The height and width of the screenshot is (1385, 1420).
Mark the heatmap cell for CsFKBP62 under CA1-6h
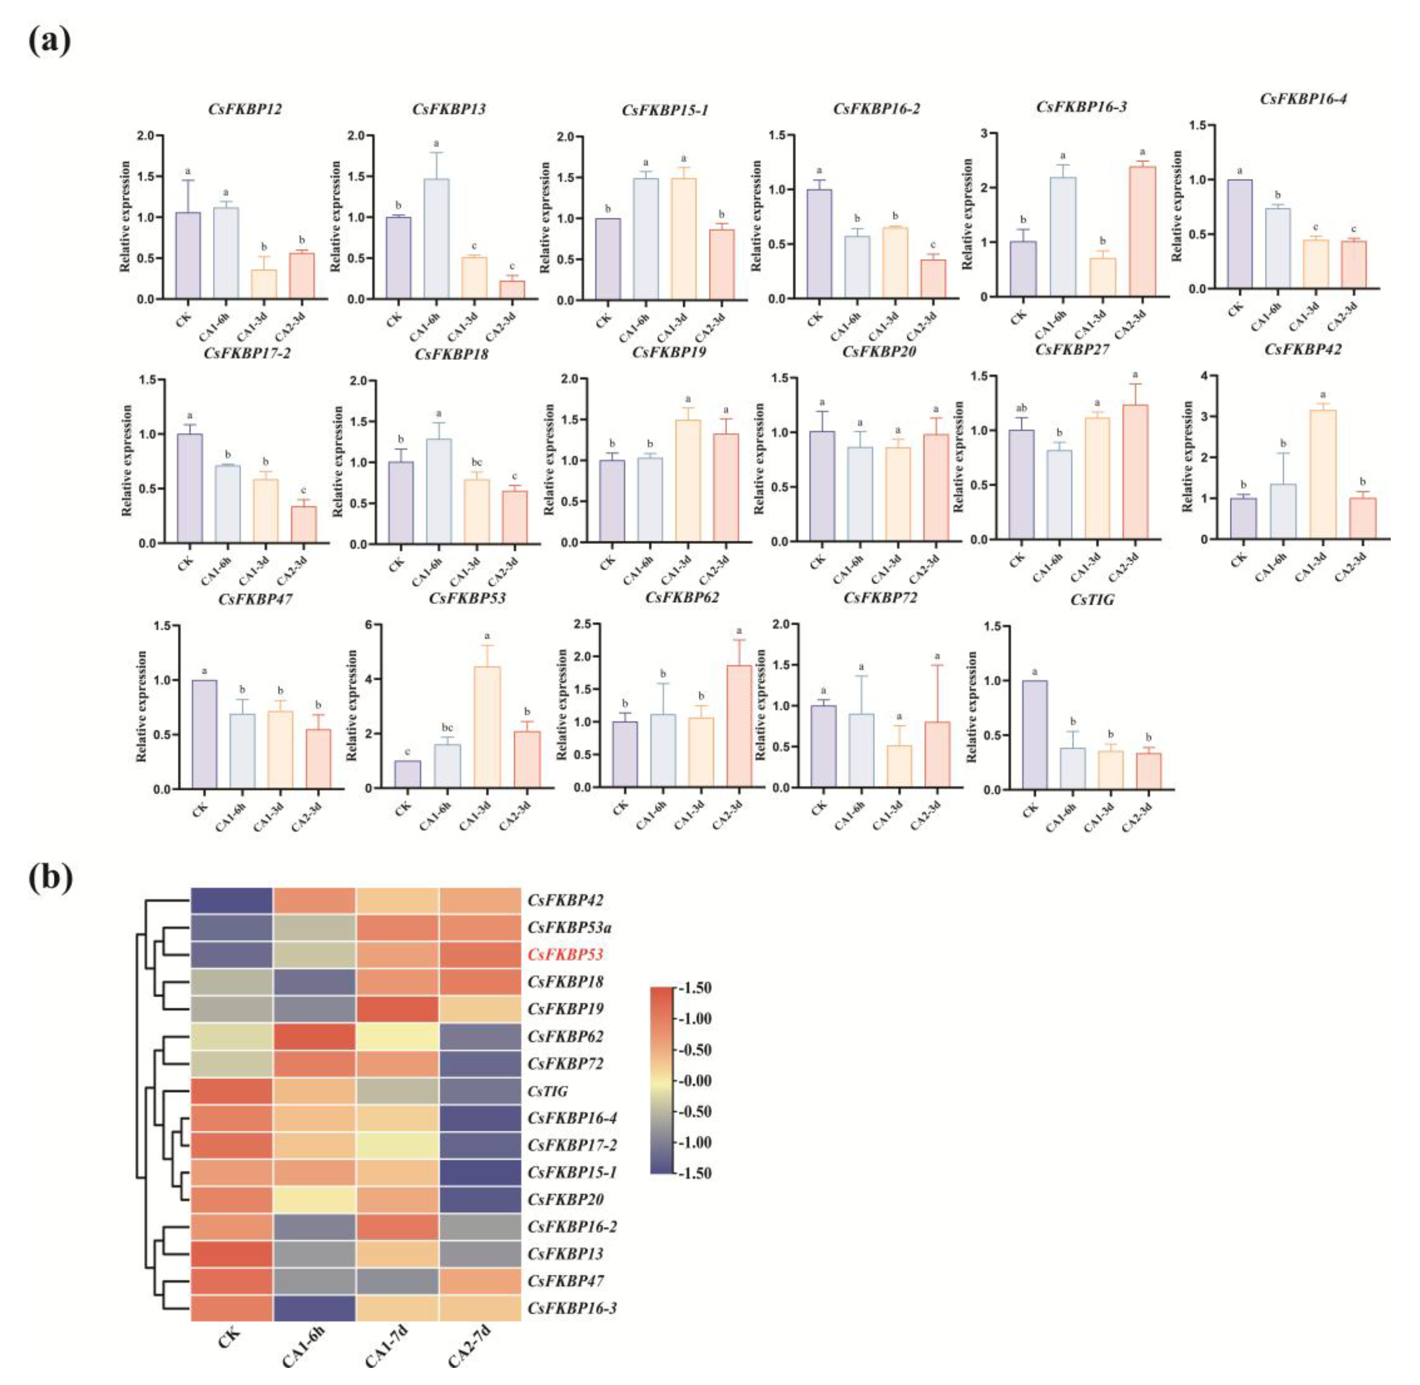tap(315, 1036)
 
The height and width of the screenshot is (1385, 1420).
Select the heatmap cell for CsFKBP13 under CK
tap(232, 1254)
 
